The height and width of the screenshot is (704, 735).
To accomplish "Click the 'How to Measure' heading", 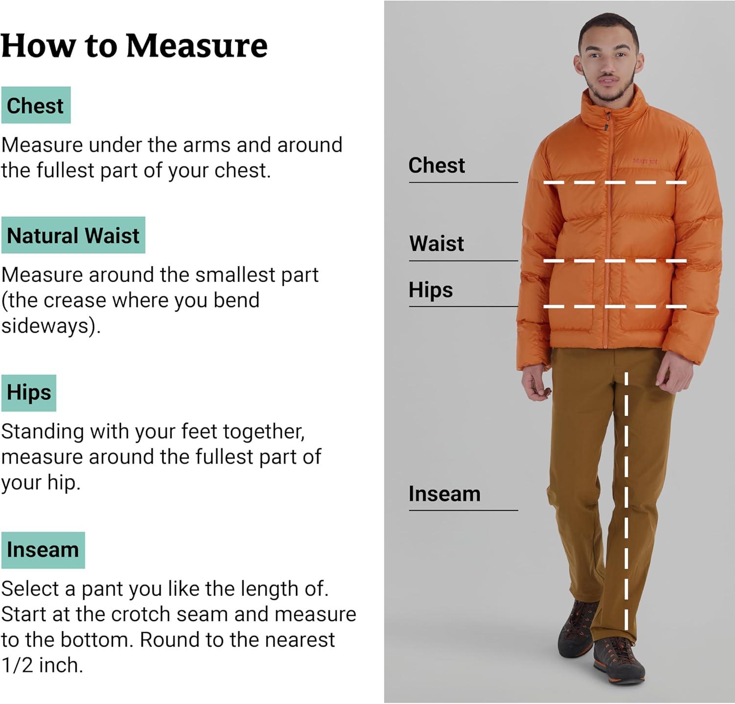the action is point(134,46).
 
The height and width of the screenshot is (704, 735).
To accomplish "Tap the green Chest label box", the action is point(36,105).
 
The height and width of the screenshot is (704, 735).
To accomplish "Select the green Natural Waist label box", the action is point(73,235).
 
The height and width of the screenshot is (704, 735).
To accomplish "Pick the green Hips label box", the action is point(29,393).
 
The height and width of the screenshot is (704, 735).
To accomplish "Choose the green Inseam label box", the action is point(43,550).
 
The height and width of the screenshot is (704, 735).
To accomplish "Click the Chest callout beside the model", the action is point(437,165).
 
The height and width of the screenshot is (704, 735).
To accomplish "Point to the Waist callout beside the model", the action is point(437,243).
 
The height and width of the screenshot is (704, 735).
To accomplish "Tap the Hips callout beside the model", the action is point(431,290).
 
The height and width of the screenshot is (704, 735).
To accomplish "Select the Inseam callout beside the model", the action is point(444,494).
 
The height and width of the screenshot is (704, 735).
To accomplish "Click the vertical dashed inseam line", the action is point(626,501).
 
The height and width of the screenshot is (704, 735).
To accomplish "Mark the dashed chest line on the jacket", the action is point(615,182).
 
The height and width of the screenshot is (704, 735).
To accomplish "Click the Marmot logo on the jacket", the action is point(645,161).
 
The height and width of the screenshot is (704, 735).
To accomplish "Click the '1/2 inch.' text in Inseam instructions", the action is point(42,665).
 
